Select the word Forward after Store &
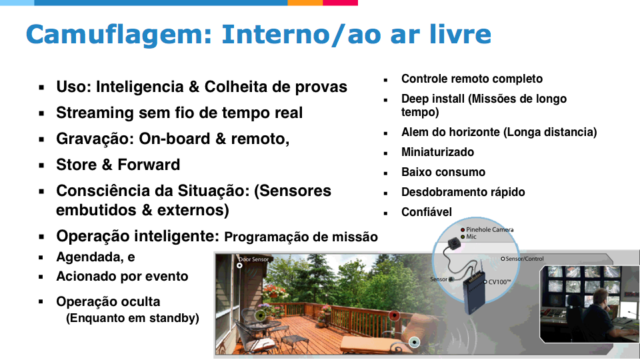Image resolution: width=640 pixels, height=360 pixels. click(x=149, y=165)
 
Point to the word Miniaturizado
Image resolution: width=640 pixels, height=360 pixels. click(x=437, y=152)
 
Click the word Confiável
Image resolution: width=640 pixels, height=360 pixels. click(x=427, y=212)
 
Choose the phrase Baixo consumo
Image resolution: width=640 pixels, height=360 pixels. click(x=443, y=172)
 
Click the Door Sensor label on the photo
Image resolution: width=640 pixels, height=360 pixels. click(x=253, y=259)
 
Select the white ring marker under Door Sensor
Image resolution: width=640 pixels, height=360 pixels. click(x=239, y=266)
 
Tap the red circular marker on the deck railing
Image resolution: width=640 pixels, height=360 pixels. click(x=394, y=315)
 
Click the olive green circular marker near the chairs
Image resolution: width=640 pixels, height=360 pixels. click(x=261, y=315)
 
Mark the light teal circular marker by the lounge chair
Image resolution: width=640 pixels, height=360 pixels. click(x=414, y=342)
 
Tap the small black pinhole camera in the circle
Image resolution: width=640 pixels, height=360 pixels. click(x=452, y=244)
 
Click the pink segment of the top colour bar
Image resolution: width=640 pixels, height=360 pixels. click(x=341, y=3)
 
